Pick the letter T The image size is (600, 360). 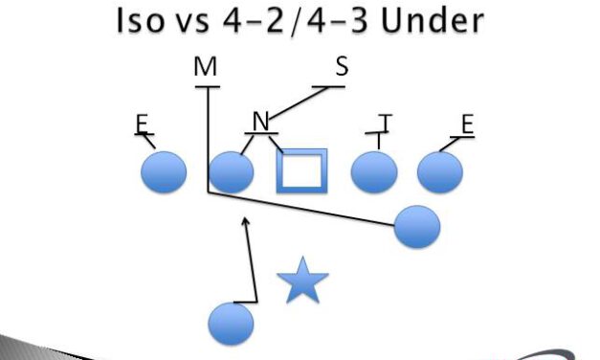tap(385, 122)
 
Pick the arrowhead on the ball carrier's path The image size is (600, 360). tap(247, 221)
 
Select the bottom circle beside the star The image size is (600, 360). tap(231, 322)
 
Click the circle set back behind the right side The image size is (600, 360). tap(416, 226)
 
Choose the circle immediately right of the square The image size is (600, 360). tap(374, 172)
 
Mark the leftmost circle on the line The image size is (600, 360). tap(164, 172)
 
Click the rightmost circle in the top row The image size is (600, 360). tap(440, 172)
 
